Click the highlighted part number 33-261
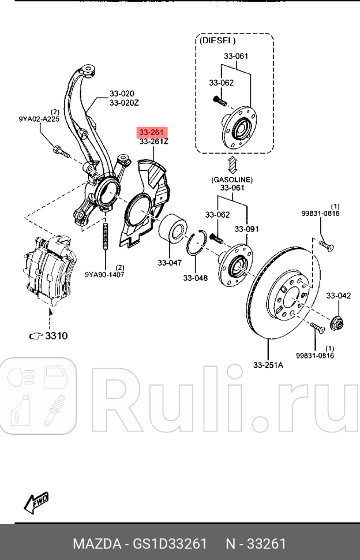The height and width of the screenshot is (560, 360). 149,133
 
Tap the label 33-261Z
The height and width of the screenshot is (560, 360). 153,141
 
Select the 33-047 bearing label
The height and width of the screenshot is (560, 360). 170,263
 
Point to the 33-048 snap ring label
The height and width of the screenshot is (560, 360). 195,278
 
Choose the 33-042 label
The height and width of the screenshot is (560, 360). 338,296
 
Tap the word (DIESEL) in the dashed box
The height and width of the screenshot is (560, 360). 217,41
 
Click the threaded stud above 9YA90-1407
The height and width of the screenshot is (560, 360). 106,237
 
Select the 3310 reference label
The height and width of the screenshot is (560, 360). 55,335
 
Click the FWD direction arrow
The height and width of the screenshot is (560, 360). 36,502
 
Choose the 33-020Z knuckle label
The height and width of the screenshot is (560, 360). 125,103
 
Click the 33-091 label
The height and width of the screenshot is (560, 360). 246,230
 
